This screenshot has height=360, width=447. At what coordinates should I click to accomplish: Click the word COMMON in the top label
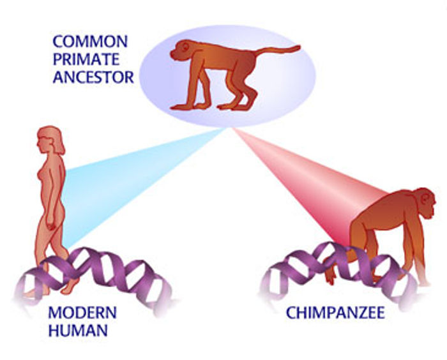pyautogui.click(x=90, y=41)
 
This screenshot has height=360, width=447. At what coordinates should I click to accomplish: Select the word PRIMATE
pyautogui.click(x=86, y=59)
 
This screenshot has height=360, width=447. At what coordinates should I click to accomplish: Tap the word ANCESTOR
pyautogui.click(x=93, y=77)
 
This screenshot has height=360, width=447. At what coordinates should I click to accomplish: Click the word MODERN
pyautogui.click(x=82, y=312)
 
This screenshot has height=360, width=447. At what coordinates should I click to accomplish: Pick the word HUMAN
pyautogui.click(x=78, y=331)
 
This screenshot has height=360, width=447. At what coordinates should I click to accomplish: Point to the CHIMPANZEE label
pyautogui.click(x=335, y=313)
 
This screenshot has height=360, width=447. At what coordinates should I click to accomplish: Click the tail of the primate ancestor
pyautogui.click(x=278, y=50)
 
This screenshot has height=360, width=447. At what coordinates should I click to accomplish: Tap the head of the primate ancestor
pyautogui.click(x=181, y=50)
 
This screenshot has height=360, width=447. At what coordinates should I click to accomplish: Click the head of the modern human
pyautogui.click(x=50, y=140)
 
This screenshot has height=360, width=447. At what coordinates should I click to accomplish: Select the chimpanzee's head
pyautogui.click(x=423, y=202)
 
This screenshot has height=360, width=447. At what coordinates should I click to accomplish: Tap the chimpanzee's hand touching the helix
pyautogui.click(x=330, y=274)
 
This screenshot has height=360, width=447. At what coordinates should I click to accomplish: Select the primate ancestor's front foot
pyautogui.click(x=181, y=107)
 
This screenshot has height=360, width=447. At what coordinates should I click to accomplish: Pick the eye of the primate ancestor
pyautogui.click(x=185, y=46)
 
